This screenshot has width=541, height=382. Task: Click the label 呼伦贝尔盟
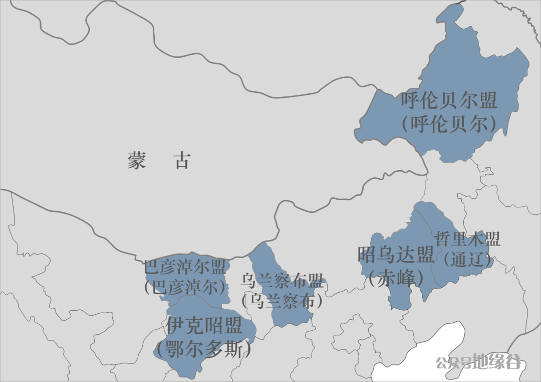(x=449, y=101)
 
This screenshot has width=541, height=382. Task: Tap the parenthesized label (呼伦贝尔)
(x=449, y=124)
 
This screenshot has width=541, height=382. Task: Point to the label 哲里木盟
(x=467, y=239)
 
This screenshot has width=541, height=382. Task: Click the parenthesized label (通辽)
(x=467, y=259)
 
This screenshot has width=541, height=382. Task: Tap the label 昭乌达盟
(x=396, y=255)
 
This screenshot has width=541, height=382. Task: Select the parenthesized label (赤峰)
(x=396, y=277)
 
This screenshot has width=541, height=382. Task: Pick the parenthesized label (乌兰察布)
(x=282, y=301)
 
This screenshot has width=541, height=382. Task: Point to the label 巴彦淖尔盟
(x=185, y=267)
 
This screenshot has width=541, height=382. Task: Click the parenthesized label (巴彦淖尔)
(x=185, y=287)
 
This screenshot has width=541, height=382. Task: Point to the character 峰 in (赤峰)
(x=408, y=277)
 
